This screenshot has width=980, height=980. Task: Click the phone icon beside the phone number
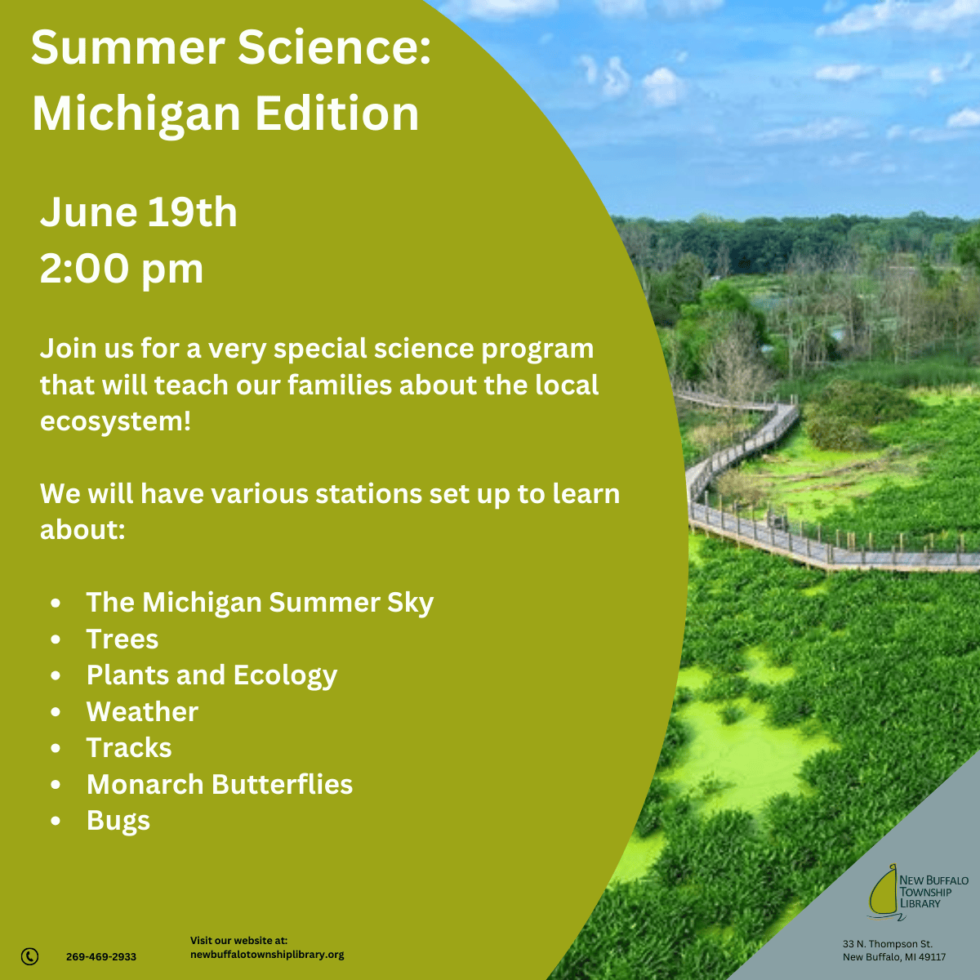coord(30,956)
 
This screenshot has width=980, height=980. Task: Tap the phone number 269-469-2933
coord(101,956)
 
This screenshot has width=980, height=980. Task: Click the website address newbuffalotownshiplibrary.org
coord(267,955)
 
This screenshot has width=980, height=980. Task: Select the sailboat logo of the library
coord(885,893)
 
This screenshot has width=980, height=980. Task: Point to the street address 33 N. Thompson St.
coord(888,944)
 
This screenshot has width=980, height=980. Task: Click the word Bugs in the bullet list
coord(118,821)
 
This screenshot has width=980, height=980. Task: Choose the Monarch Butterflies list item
coord(220,784)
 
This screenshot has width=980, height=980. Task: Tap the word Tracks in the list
coord(129,747)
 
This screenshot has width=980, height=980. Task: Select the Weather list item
coord(142,711)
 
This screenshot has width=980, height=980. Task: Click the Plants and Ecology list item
coord(212,676)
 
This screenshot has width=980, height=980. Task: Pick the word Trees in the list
coord(122,639)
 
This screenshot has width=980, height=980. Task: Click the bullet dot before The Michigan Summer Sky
coord(56,604)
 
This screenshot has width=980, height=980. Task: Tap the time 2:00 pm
coord(122,269)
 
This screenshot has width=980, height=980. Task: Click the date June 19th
coord(139,212)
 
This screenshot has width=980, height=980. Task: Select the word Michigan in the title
coord(136,115)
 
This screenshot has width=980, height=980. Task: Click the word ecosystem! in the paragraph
coord(116,421)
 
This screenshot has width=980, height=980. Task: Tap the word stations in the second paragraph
coord(368,493)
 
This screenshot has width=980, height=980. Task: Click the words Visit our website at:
coord(239,940)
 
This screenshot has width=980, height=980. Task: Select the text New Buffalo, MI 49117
coord(894,957)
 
